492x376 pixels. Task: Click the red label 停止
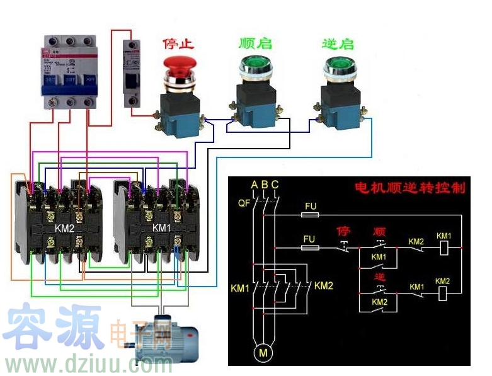pyautogui.click(x=178, y=44)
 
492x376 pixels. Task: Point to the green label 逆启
pyautogui.click(x=338, y=43)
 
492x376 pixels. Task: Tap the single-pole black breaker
pyautogui.click(x=132, y=73)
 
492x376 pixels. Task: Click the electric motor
pyautogui.click(x=165, y=335)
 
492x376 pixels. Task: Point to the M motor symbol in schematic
pyautogui.click(x=263, y=353)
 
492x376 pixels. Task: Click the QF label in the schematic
pyautogui.click(x=244, y=203)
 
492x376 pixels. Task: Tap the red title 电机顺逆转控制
pyautogui.click(x=409, y=188)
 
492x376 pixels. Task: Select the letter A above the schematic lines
pyautogui.click(x=254, y=185)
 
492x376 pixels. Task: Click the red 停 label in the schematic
pyautogui.click(x=343, y=231)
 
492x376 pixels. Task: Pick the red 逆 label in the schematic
pyautogui.click(x=379, y=276)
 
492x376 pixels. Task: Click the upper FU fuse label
pyautogui.click(x=310, y=206)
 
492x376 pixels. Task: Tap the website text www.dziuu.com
pyautogui.click(x=88, y=364)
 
